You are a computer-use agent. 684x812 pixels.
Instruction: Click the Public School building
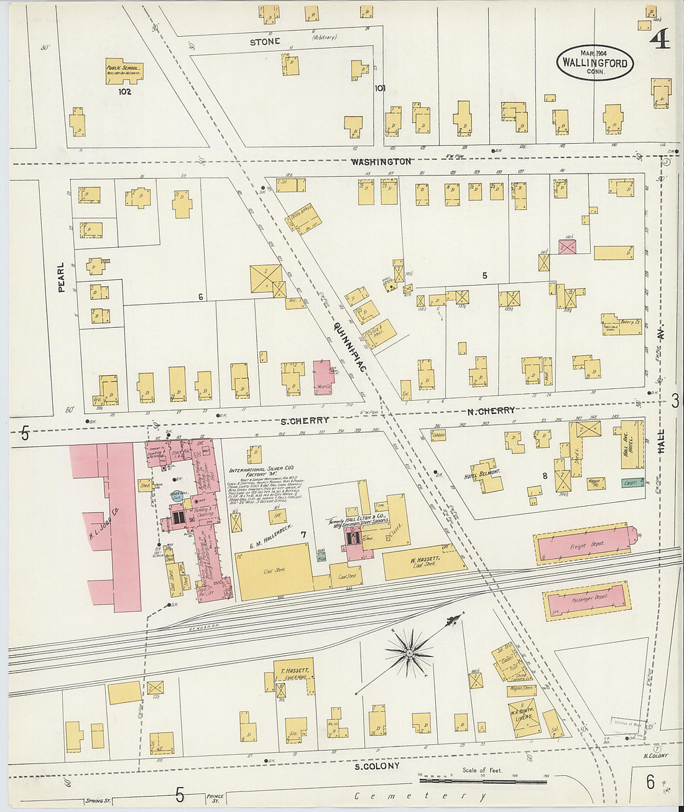point(124,72)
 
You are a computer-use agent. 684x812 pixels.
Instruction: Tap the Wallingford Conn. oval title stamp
point(595,63)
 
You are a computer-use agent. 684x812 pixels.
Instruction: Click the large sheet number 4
point(659,40)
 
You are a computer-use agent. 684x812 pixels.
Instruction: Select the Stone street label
point(265,42)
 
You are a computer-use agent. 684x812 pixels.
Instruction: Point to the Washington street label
point(381,162)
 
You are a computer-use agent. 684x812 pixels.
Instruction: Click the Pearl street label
point(61,277)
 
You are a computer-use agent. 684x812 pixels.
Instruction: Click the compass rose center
point(409,653)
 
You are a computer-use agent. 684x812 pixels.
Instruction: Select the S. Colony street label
point(377,766)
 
